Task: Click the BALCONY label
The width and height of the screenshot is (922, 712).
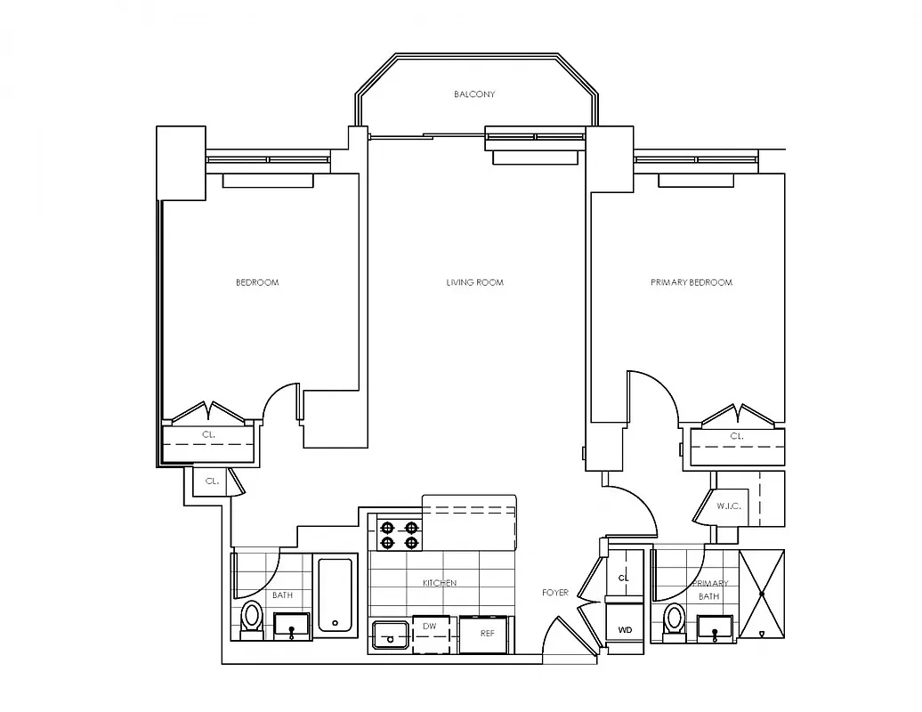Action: [x=473, y=94]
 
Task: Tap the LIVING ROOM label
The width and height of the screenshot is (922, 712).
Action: [x=474, y=283]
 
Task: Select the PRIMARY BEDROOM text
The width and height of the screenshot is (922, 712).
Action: [x=691, y=283]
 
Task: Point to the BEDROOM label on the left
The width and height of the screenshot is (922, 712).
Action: [x=256, y=283]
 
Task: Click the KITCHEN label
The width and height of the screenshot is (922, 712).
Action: [x=440, y=583]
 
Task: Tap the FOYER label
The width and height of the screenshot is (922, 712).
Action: [x=555, y=593]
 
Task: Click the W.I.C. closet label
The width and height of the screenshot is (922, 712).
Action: [x=728, y=506]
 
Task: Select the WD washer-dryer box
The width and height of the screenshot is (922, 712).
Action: [x=626, y=629]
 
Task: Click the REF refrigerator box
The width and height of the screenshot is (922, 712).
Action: [x=487, y=635]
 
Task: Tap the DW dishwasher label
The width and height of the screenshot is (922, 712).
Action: [x=429, y=627]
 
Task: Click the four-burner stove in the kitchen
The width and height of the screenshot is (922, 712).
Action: [x=400, y=533]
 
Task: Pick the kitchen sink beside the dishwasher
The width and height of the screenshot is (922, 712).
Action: [x=390, y=635]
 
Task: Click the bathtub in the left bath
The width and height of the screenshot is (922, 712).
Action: [x=336, y=595]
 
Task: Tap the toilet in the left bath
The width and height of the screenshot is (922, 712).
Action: [x=252, y=618]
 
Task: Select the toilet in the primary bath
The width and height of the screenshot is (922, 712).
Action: [x=675, y=619]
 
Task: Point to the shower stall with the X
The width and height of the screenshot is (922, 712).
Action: [x=762, y=594]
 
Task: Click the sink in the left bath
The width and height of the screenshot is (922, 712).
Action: [x=292, y=626]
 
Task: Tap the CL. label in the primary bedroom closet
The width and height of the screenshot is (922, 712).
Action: [x=737, y=436]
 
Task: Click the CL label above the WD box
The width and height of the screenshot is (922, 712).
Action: [x=624, y=578]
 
